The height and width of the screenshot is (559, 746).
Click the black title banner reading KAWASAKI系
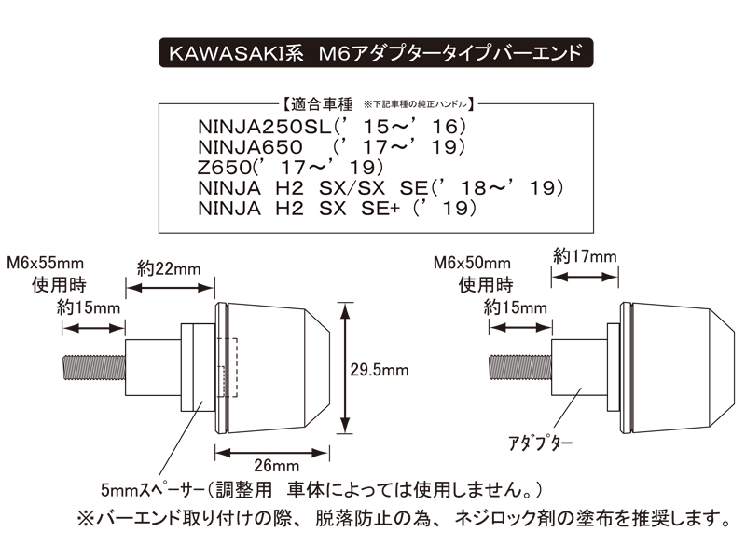tap(376, 53)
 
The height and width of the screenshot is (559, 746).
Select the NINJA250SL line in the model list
tap(332, 127)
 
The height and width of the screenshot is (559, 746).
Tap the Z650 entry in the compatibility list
tap(290, 168)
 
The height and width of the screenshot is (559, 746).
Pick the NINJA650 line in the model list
tap(332, 147)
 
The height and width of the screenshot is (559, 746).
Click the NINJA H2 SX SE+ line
tap(337, 208)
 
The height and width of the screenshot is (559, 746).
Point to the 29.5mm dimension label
tap(380, 370)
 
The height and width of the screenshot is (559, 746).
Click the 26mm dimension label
tap(276, 465)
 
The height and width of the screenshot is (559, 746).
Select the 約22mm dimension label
tap(169, 269)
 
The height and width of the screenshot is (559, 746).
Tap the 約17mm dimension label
tap(585, 257)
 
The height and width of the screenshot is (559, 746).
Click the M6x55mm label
tap(45, 263)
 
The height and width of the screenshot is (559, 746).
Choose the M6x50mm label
tap(472, 263)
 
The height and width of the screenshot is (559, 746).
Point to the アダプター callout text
tap(541, 443)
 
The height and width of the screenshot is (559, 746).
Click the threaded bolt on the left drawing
tap(94, 368)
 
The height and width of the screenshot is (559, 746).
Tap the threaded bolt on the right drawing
tap(520, 367)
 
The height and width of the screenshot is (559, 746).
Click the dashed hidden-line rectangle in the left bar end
tap(228, 367)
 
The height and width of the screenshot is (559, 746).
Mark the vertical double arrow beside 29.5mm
tap(345, 368)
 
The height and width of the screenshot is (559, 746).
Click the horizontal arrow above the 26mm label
tap(272, 453)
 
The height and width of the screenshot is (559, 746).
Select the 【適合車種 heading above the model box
tap(317, 104)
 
